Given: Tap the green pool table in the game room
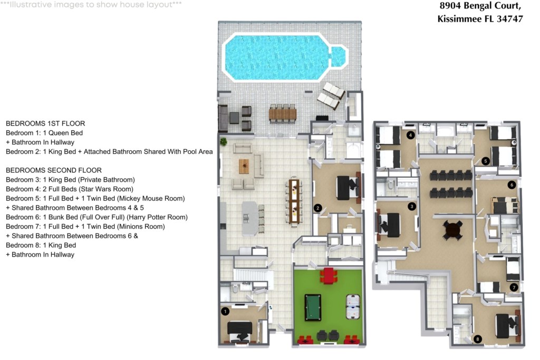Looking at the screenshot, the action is [313, 307].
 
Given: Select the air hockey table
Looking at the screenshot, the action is [353, 306].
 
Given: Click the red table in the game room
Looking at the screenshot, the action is [329, 275].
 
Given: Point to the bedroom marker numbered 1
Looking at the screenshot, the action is [225, 312].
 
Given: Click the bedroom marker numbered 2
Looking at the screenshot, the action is [317, 208].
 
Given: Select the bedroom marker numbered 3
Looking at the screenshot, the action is [411, 206].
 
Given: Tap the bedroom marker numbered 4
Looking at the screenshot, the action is [410, 135].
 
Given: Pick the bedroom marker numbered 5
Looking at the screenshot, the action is [486, 161].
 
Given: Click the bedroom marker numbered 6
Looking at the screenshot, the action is [512, 185].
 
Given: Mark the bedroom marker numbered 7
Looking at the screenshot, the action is [514, 287].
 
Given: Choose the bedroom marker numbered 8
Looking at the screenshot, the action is [477, 339].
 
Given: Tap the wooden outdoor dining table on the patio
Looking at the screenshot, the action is [283, 114].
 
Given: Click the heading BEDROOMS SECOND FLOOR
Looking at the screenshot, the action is [54, 170].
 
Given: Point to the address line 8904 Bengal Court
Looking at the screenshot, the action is [480, 6].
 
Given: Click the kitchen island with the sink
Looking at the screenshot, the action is [249, 218].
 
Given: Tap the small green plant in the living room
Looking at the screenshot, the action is [224, 141].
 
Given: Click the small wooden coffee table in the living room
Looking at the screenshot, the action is [244, 166].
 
